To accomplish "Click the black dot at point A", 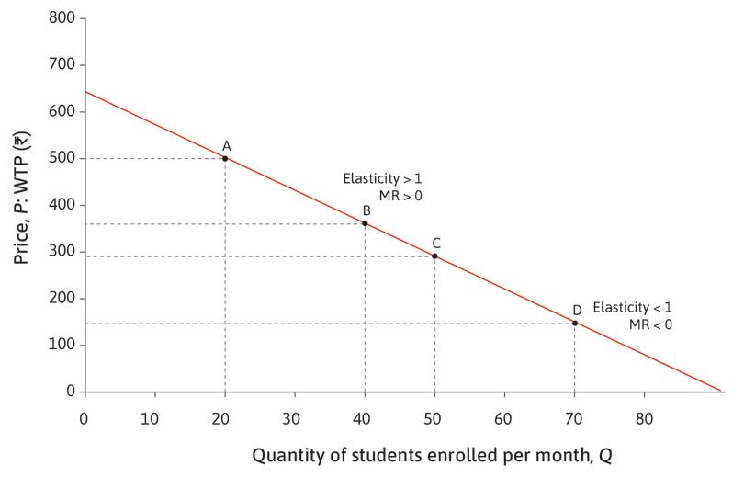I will (225, 158).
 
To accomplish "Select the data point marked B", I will (365, 223).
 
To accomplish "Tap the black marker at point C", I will (434, 256).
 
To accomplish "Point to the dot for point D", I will (575, 323).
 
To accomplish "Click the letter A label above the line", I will (226, 145).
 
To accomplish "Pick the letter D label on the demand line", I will (577, 310).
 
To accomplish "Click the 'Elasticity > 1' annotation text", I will (382, 178).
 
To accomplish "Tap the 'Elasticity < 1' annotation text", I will (633, 307).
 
